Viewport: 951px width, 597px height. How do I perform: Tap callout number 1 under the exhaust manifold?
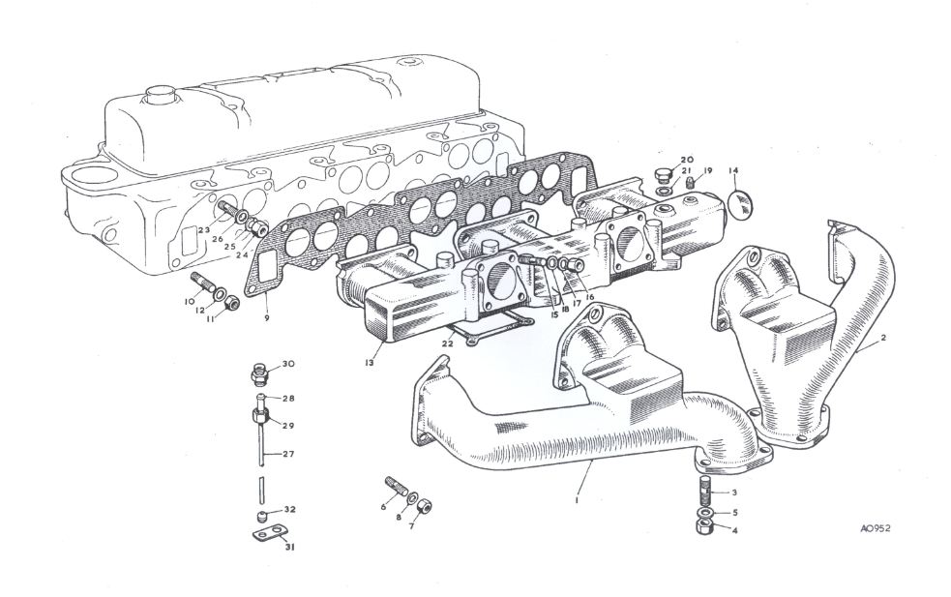tap(578, 500)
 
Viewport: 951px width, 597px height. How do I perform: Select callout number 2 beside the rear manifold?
tap(883, 341)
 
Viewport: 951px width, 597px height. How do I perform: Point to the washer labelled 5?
tap(703, 511)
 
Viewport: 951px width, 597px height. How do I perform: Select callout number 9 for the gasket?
tap(265, 318)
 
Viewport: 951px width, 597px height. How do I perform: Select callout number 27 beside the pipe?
tap(288, 453)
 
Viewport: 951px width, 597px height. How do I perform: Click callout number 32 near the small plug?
tap(289, 509)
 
